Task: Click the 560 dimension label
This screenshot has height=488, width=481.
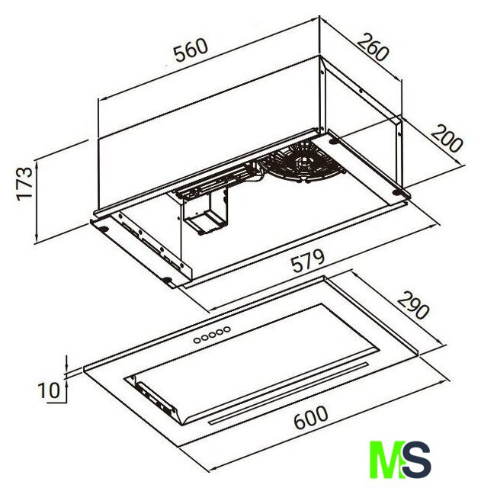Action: [x=191, y=50]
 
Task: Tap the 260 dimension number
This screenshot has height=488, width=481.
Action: [x=373, y=47]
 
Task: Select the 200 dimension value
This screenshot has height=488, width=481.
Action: [x=447, y=138]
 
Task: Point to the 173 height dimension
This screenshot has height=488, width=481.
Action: [x=24, y=184]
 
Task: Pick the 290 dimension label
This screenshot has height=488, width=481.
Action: [x=413, y=305]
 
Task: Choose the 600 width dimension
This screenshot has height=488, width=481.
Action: [x=311, y=417]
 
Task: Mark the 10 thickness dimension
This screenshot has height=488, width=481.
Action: [x=48, y=390]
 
